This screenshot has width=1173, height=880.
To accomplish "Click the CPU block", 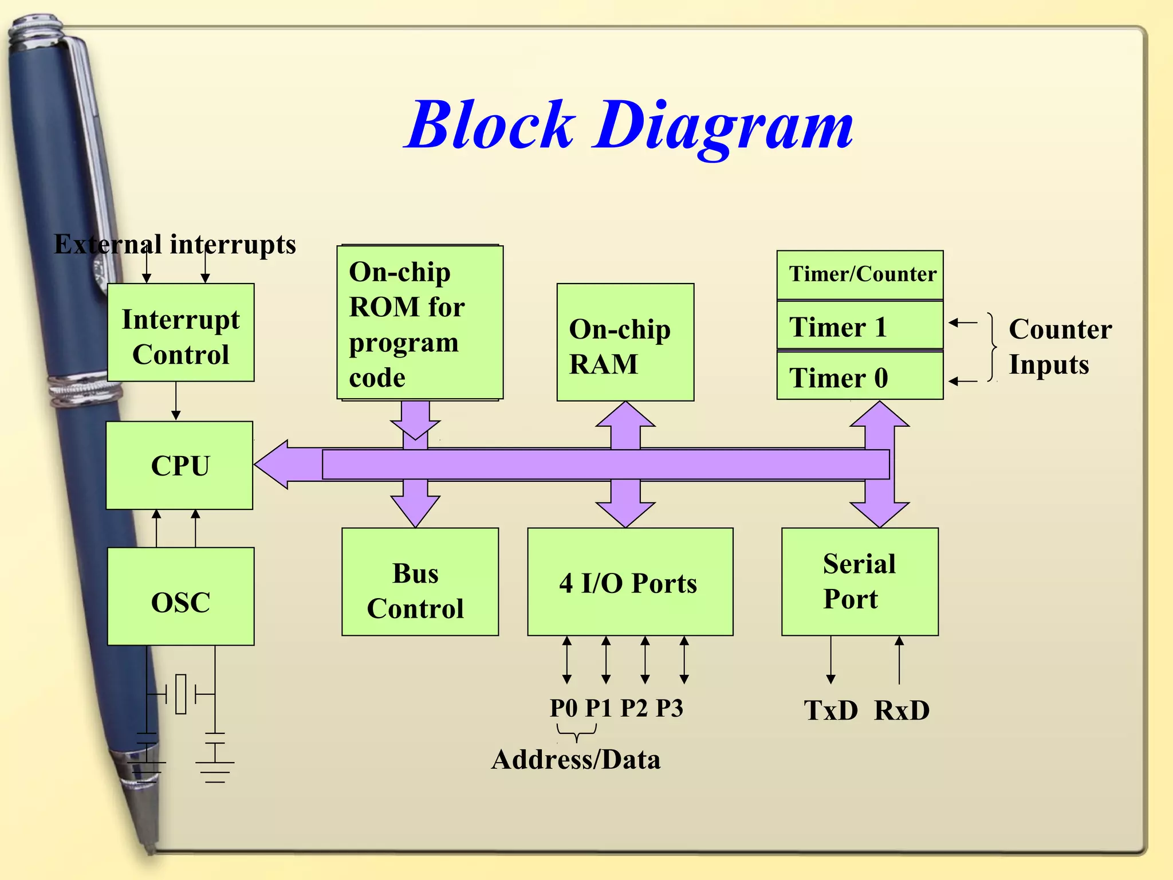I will click(179, 465).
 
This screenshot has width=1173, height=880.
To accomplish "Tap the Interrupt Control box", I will click(180, 333).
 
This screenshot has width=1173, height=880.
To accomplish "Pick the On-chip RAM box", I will click(625, 343).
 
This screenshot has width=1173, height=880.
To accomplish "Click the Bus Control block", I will click(420, 582).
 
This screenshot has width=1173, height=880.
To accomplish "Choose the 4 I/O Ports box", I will click(629, 582).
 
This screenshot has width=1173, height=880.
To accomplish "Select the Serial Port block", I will click(859, 582).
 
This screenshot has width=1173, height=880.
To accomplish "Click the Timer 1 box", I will click(859, 325).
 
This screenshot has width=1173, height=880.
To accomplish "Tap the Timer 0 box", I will click(859, 376).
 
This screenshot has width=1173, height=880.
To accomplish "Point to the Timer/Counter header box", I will click(860, 275).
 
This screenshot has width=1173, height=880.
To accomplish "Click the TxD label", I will click(830, 710).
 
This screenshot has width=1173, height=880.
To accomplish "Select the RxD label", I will click(902, 710).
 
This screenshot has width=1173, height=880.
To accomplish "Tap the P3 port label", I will click(669, 708).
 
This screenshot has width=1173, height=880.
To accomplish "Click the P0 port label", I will click(564, 708).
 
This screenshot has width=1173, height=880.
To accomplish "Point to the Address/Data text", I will click(576, 760).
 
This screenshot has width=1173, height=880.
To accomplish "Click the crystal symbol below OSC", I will click(181, 694).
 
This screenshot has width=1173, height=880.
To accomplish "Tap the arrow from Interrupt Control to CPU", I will click(176, 401).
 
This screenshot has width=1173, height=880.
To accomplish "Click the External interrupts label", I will click(175, 244).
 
